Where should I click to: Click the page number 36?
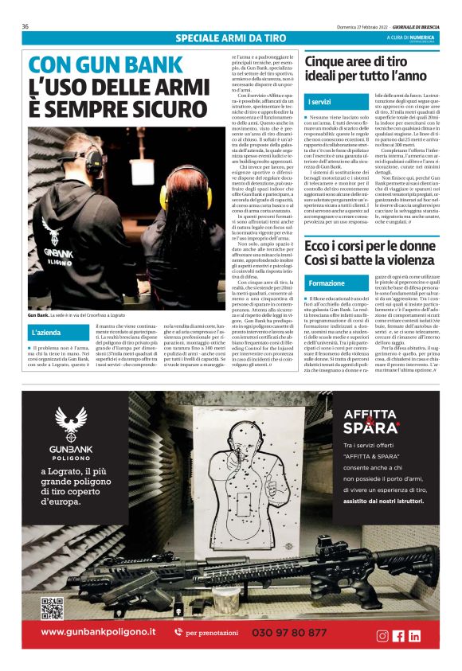pos(25,26)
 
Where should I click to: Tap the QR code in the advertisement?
pos(52,607)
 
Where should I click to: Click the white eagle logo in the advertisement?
pos(72,422)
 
